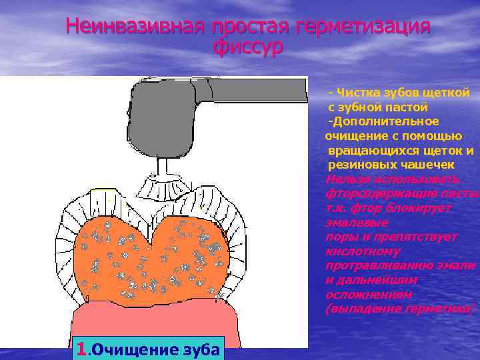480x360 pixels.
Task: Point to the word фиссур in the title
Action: (x=248, y=47)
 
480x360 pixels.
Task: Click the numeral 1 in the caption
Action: (x=81, y=348)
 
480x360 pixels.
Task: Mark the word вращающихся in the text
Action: (x=371, y=150)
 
